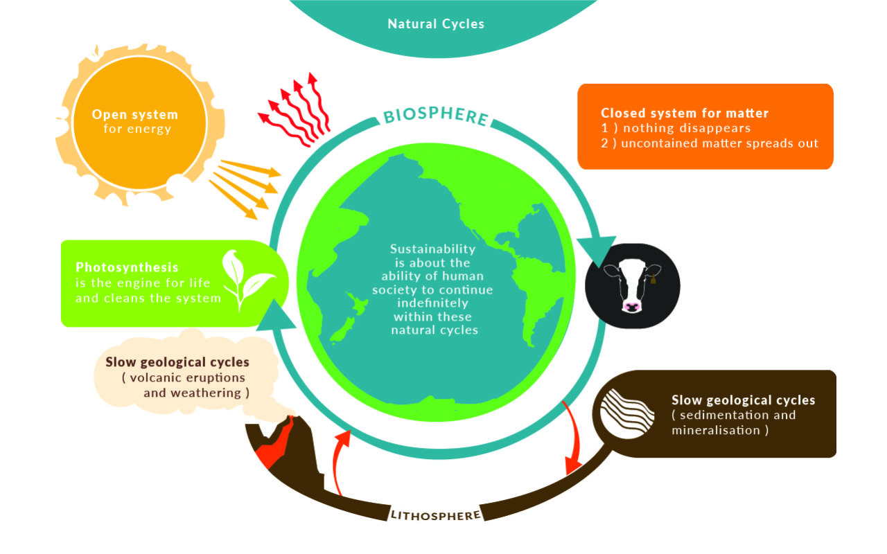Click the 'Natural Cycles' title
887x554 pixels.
click(436, 24)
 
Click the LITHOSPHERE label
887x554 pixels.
click(436, 515)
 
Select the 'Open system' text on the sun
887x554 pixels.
click(135, 114)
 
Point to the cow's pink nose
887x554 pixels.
click(631, 305)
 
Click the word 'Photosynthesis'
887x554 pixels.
click(127, 267)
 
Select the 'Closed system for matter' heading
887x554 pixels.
click(685, 113)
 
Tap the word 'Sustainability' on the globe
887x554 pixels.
click(433, 249)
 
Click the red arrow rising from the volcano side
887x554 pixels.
click(340, 461)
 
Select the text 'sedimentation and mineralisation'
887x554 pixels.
click(733, 422)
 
